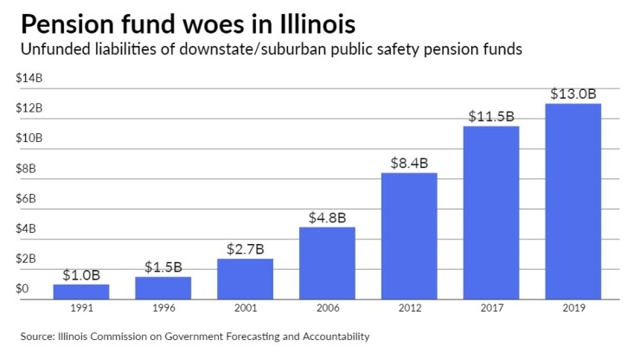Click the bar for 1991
pos(86,291)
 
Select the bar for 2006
pos(327,262)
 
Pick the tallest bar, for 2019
pos(573,201)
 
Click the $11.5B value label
pos(491,115)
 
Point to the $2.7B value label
pos(245,247)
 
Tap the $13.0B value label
pos(573,93)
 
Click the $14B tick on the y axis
pos(29,78)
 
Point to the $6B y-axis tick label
pos(27,198)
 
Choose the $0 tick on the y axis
pos(23,289)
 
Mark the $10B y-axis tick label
pos(29,138)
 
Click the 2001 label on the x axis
pos(245,307)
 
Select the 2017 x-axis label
pos(491,307)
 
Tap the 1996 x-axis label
pos(163,307)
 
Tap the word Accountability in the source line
pos(332,336)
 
